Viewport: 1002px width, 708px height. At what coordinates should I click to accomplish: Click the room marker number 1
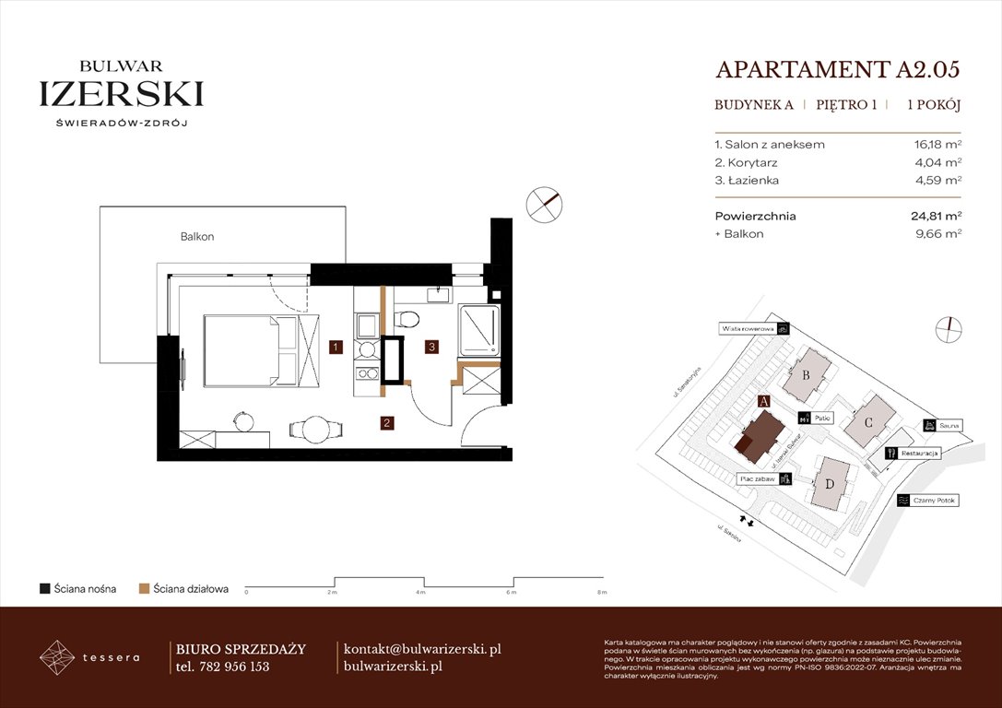coord(336,348)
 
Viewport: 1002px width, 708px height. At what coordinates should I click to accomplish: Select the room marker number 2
coord(388,423)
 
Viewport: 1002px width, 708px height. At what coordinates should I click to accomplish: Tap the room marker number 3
coord(430,348)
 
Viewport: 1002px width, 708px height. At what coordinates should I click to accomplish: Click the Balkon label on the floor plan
coord(197,237)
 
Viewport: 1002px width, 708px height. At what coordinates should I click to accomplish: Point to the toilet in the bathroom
coord(406,319)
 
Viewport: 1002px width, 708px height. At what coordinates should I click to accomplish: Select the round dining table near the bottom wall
coord(315,430)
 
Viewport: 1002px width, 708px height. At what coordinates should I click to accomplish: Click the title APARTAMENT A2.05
coord(838,69)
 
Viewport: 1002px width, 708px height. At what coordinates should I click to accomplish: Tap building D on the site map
coord(831,484)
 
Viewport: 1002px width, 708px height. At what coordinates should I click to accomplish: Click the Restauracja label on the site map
coord(921,454)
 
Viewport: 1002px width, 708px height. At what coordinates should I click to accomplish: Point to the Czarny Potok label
coord(935,501)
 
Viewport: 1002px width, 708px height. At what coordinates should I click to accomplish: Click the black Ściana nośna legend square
coord(44,588)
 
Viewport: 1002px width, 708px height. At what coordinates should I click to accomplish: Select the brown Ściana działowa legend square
coord(144,588)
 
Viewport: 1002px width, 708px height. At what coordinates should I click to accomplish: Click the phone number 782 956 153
coord(234,667)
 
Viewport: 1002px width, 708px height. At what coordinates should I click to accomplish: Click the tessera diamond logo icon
coord(57,657)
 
